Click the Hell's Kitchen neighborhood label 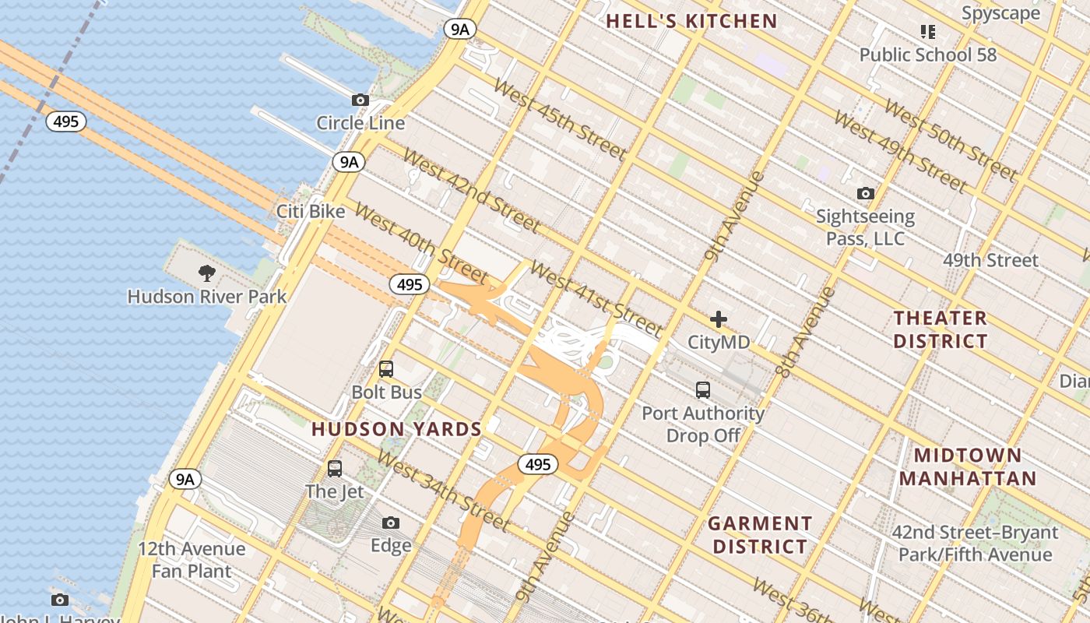tap(691, 21)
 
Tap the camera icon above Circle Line tap(360, 100)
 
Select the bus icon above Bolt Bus tap(386, 369)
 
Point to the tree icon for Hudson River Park tap(207, 273)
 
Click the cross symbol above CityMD tap(718, 319)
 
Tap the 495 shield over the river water tap(65, 121)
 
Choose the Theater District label tap(940, 329)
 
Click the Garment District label tap(760, 535)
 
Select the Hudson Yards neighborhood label tap(396, 429)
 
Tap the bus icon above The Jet tap(335, 468)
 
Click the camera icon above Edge tap(391, 523)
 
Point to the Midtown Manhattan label tap(968, 466)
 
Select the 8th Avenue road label tap(806, 333)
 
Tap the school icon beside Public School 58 tap(927, 32)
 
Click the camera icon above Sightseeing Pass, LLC tap(865, 193)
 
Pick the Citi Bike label tap(311, 211)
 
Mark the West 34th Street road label tap(443, 491)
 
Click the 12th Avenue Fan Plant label tap(192, 560)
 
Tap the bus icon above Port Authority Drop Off tap(703, 389)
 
